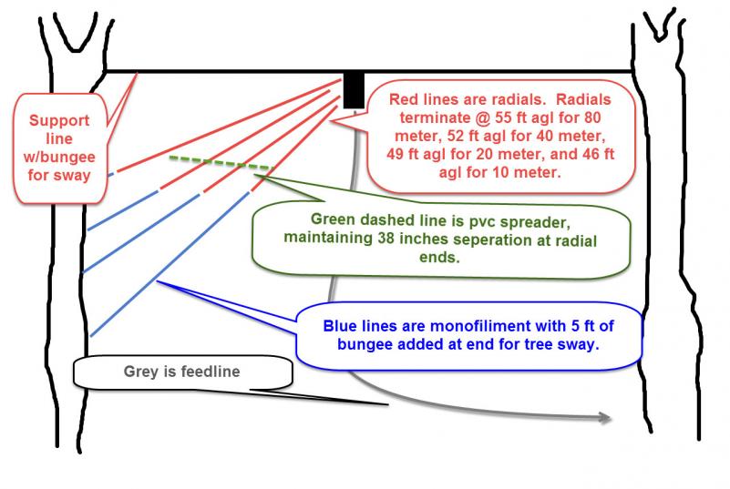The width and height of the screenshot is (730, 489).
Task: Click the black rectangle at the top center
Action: coord(354,88)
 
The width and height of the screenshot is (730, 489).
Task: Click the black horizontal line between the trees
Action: coord(228,71)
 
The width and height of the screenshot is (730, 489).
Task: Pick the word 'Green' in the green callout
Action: coord(334,219)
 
